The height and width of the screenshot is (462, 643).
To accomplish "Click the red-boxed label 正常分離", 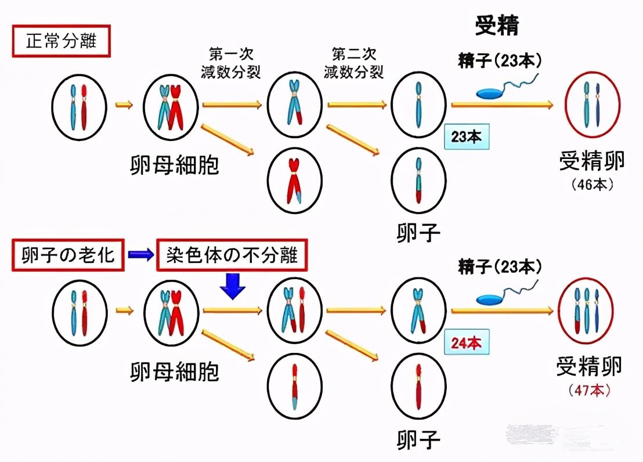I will [x=61, y=42].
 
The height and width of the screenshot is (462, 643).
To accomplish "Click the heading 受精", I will [x=497, y=25].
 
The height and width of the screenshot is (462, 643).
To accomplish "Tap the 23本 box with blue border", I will [x=466, y=137].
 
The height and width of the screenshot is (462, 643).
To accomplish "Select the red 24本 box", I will [x=466, y=343].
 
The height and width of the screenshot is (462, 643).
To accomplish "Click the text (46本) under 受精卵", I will [x=591, y=185].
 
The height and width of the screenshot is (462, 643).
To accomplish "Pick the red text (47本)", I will [x=589, y=391].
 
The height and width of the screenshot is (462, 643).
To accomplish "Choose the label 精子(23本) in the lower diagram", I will [x=500, y=268].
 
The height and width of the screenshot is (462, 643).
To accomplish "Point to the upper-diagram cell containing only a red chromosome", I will [x=295, y=180].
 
